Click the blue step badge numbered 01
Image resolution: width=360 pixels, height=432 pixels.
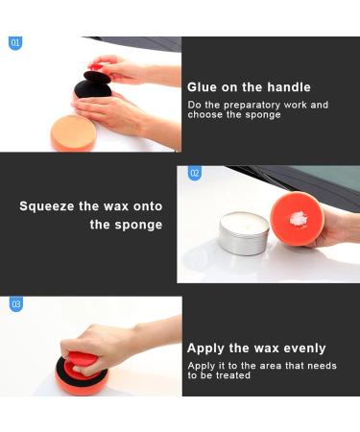14,43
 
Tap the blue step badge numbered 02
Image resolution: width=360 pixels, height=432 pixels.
195,174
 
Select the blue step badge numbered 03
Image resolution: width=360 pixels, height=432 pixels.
15,304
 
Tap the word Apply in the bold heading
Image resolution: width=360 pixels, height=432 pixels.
206,348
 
